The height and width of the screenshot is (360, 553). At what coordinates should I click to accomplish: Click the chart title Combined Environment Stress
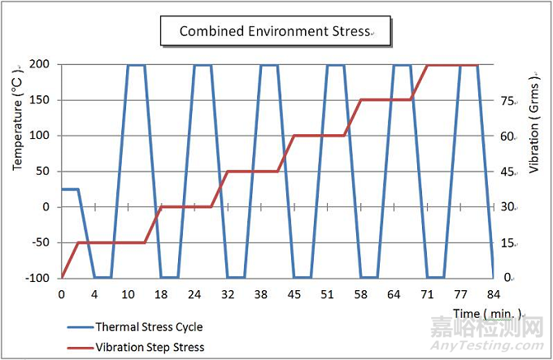click(275, 32)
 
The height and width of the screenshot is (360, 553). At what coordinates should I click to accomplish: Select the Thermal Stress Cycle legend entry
click(149, 327)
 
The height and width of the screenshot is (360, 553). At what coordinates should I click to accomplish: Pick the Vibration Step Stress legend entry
click(150, 347)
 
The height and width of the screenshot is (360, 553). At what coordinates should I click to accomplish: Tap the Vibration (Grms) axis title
click(534, 125)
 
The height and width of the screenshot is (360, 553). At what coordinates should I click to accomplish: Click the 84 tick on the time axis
click(493, 293)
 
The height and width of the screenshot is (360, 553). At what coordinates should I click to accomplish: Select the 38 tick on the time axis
click(261, 293)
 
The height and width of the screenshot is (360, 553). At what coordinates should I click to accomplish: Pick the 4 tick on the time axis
click(95, 293)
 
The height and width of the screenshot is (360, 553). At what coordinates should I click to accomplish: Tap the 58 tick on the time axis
click(360, 293)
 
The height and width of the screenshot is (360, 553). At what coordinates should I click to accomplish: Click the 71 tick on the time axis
click(427, 293)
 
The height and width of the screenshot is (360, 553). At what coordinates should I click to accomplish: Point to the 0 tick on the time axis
click(62, 293)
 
